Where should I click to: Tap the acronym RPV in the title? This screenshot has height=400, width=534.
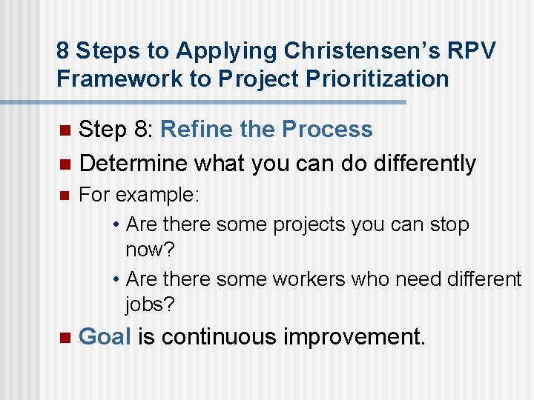tap(469, 50)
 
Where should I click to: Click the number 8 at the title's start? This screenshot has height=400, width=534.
tap(63, 50)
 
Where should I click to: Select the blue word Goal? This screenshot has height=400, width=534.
tap(105, 337)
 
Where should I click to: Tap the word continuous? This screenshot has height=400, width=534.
tap(219, 337)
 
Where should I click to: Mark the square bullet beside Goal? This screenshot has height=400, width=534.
tap(63, 338)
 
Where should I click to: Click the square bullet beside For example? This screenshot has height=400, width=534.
tap(63, 196)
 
